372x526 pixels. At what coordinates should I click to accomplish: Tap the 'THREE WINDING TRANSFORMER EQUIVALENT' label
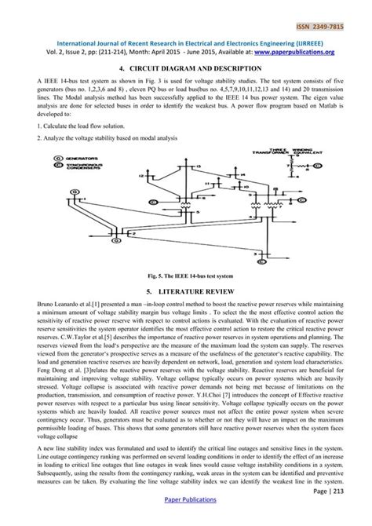click(x=260, y=152)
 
